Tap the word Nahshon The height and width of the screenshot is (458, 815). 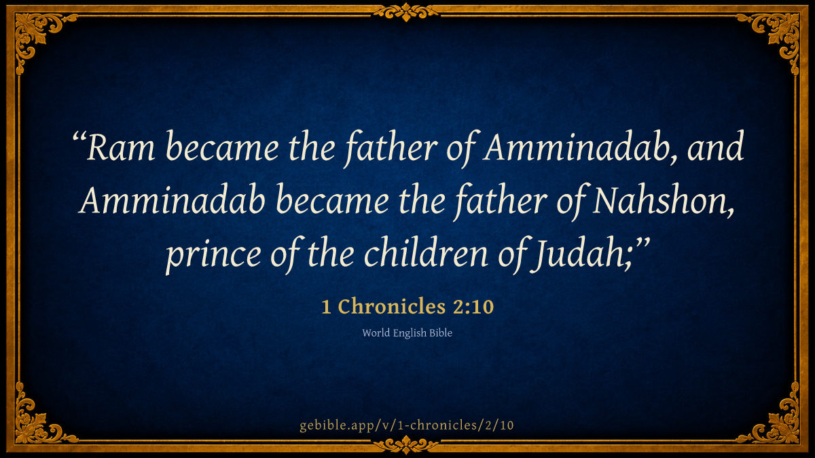point(663,201)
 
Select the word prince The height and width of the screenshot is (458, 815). point(213,255)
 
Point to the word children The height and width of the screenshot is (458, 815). point(426,252)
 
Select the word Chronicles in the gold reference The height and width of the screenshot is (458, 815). point(392,307)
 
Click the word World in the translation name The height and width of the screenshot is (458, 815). point(376,333)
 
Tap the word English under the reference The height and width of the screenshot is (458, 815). point(410,333)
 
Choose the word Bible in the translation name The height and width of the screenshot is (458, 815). point(441,333)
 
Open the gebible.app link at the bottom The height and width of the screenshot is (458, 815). point(407,425)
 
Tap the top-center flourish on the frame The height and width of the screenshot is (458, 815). point(406,12)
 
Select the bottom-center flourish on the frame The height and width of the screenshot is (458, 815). point(406,445)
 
